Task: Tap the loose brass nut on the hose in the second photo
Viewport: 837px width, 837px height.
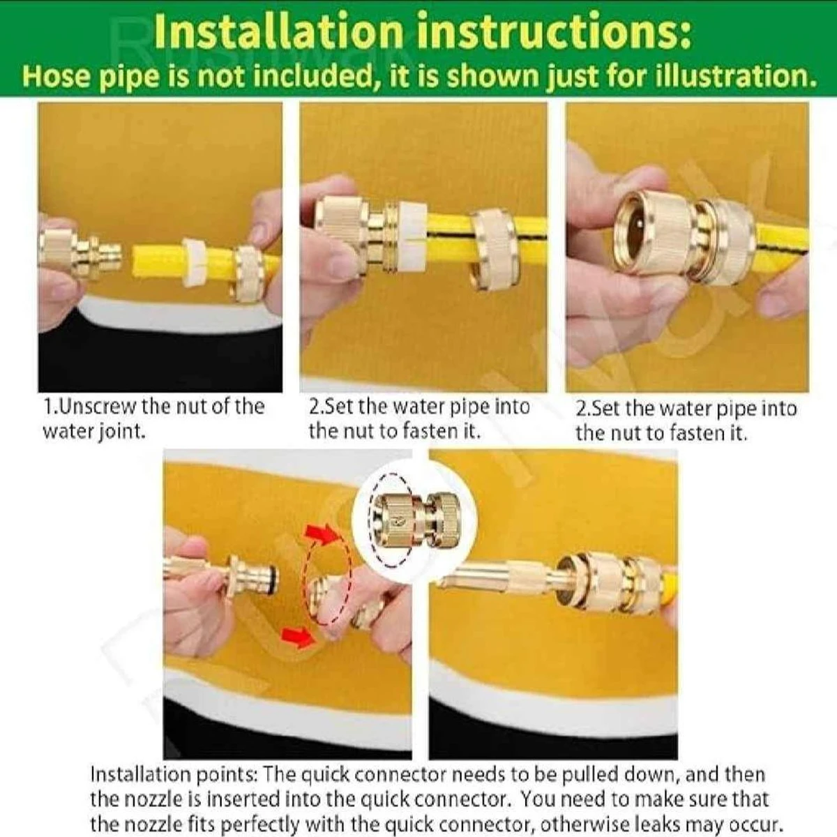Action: (x=493, y=249)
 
